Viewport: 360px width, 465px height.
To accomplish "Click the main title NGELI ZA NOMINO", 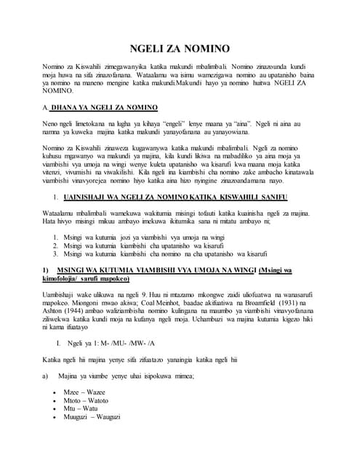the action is (x=180, y=49).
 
